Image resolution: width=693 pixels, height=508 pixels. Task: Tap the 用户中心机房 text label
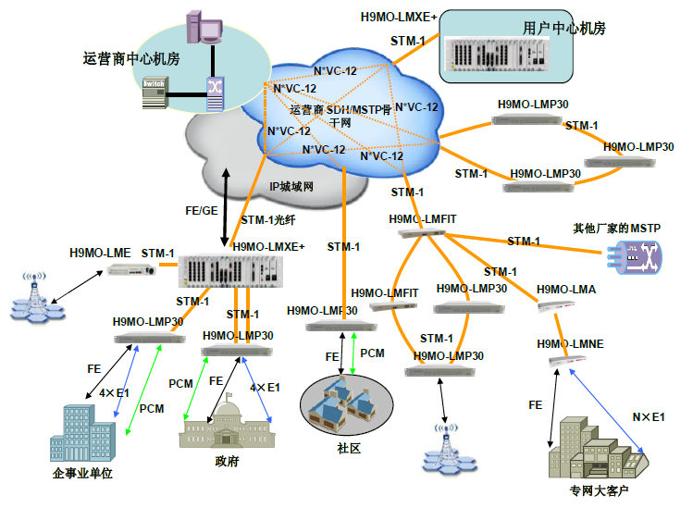pos(563,29)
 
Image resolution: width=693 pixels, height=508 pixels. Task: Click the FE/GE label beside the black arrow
pos(202,212)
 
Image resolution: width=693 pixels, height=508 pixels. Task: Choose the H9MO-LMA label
pos(565,290)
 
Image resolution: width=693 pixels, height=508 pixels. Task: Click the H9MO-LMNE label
pos(569,343)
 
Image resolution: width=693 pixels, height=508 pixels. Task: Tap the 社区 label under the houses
pos(348,448)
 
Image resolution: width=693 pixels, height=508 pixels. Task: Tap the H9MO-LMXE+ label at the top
pos(398,17)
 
